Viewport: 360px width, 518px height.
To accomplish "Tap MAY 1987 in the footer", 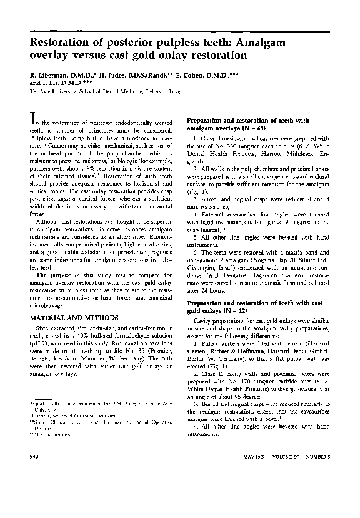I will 253,492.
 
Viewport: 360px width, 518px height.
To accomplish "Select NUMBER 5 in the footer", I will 319,492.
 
